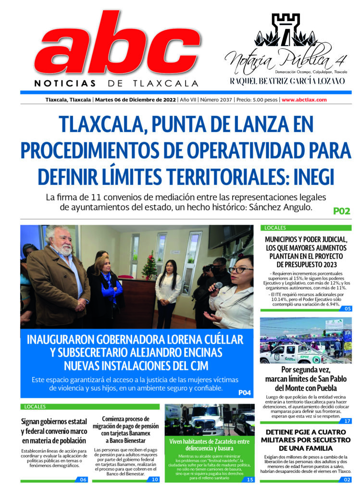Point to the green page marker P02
pos(342,210)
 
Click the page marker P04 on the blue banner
pos(245,393)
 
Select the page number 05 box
pos(346,308)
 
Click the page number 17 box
pos(346,421)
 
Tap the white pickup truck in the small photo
pos(284,354)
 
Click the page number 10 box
pos(155,479)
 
